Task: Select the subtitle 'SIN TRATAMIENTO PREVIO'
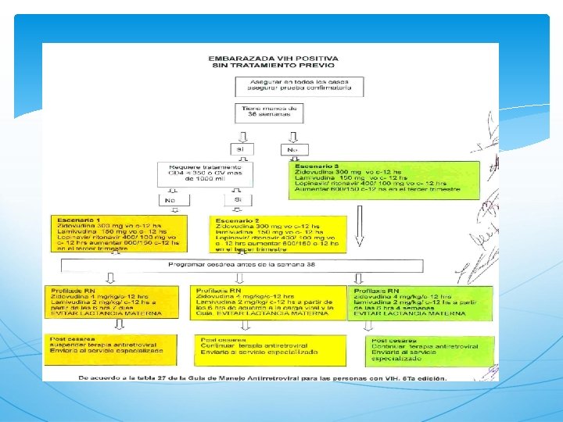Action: tap(273, 66)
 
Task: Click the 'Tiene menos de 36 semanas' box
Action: tap(269, 112)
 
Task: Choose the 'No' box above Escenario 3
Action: tap(292, 148)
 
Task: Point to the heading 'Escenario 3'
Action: tap(315, 166)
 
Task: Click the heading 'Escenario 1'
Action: tap(76, 220)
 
